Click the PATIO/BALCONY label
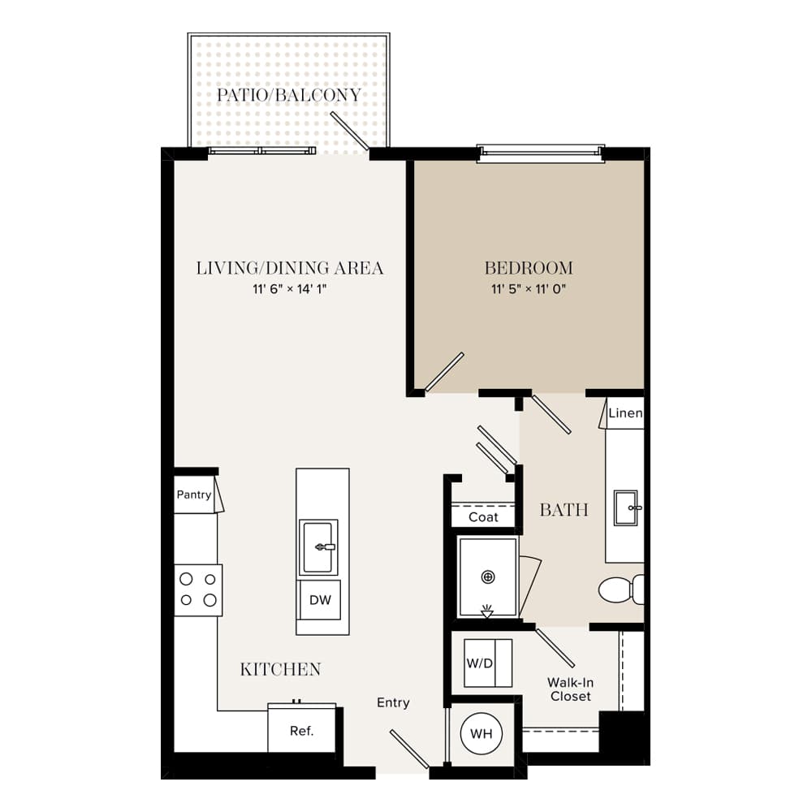[x=288, y=95]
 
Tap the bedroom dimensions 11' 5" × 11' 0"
[x=529, y=289]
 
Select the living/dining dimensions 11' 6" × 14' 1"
[x=290, y=289]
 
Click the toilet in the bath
[x=621, y=590]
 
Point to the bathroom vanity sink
[x=626, y=508]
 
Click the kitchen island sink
[x=318, y=547]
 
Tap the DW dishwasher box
[x=320, y=600]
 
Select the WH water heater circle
[x=481, y=733]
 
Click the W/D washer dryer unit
[x=488, y=663]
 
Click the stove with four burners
[x=198, y=590]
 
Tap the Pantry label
[x=194, y=495]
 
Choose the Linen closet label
[x=625, y=413]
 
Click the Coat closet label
[x=483, y=516]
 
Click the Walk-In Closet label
[x=571, y=689]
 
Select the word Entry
[x=393, y=702]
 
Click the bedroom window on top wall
[x=540, y=153]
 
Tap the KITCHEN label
[x=281, y=669]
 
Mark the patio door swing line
[x=349, y=131]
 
